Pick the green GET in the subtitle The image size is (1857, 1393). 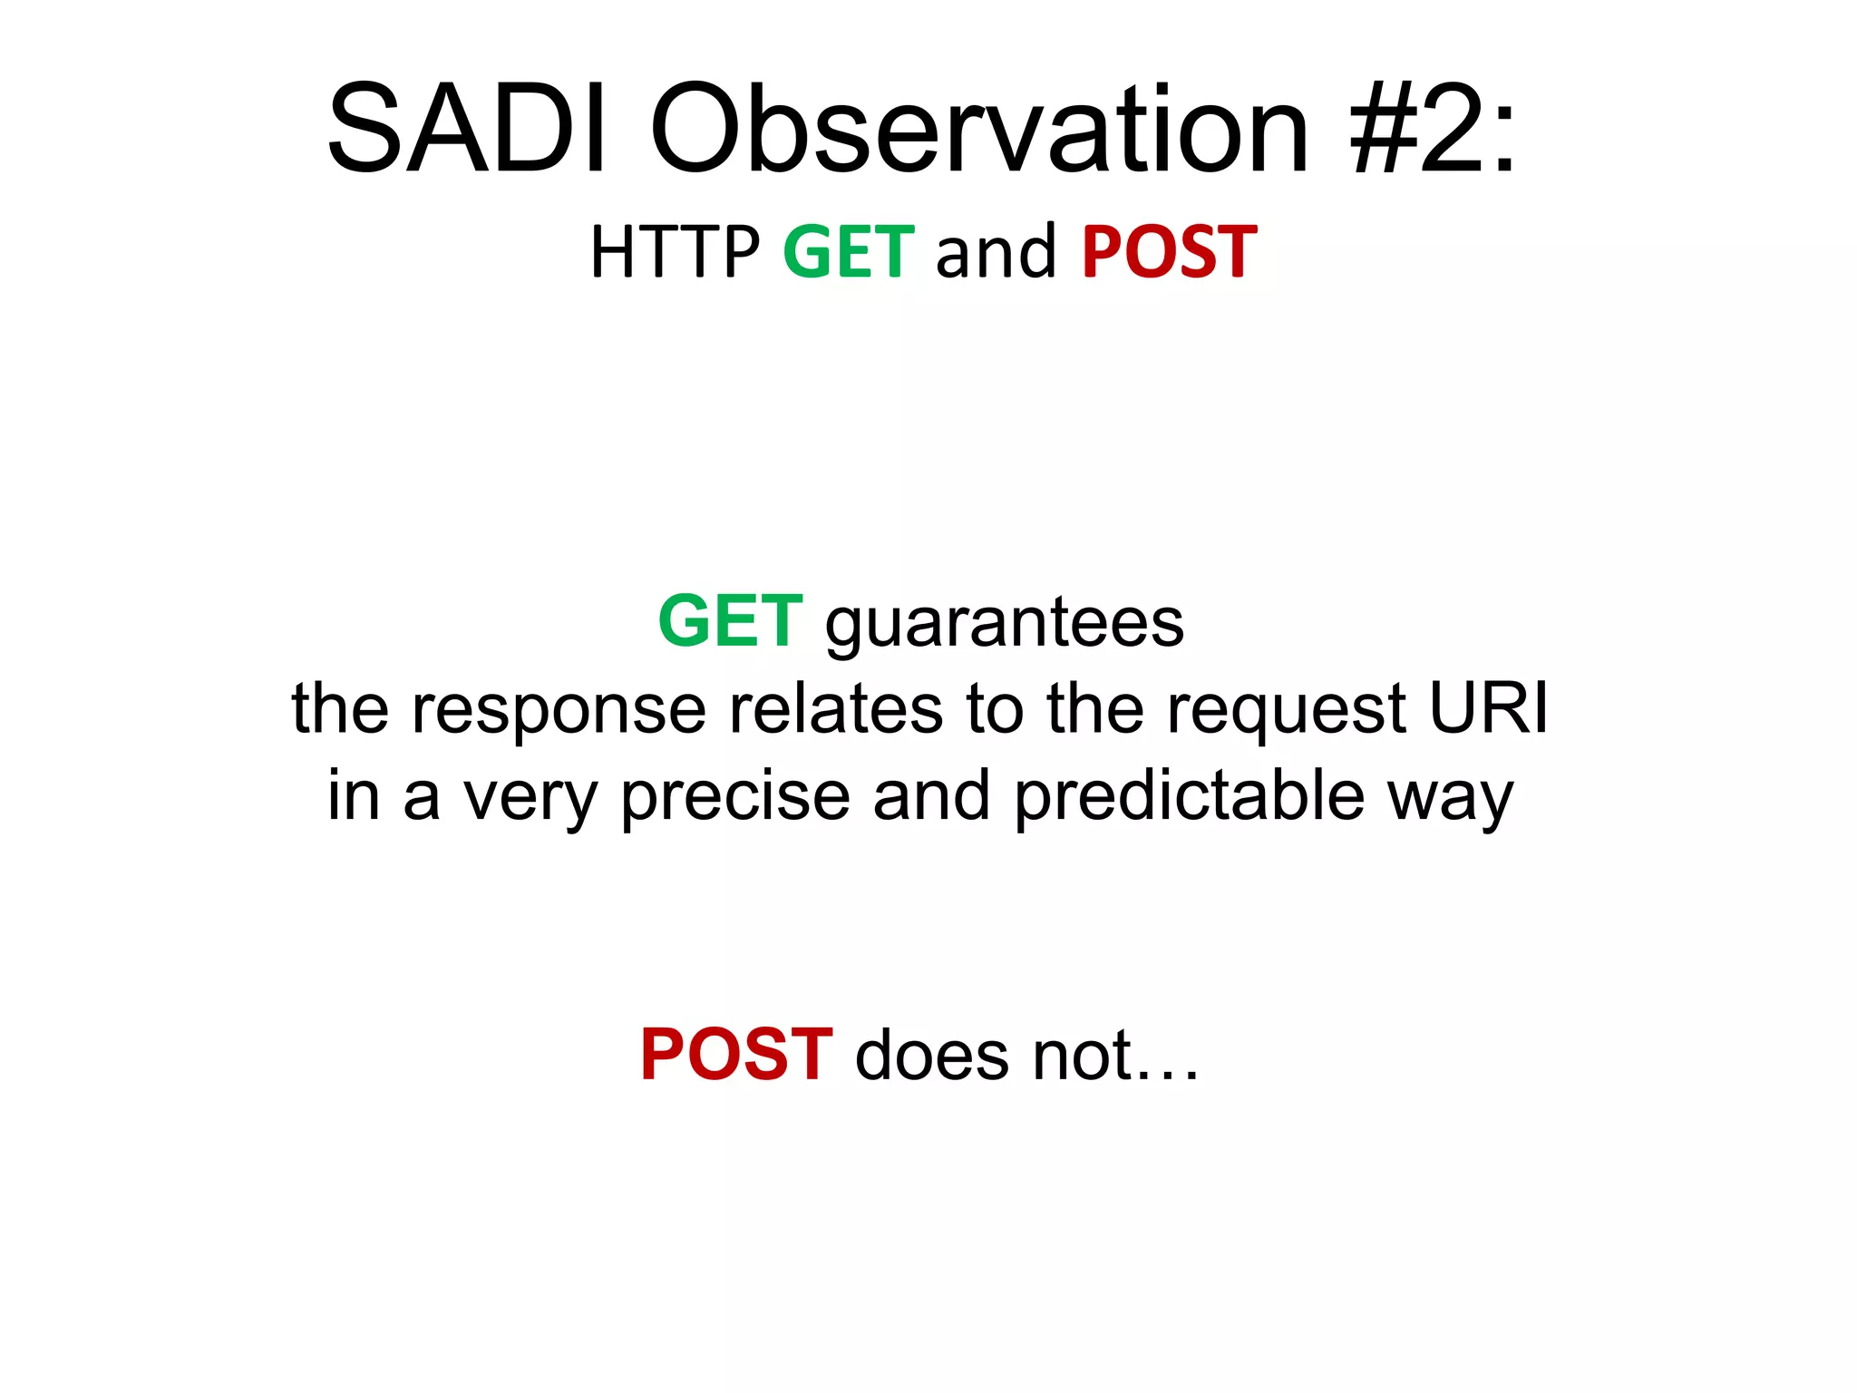pos(849,252)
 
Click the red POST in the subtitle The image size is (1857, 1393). pos(1170,252)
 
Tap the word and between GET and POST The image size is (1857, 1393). pos(996,252)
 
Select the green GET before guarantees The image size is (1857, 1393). pos(730,621)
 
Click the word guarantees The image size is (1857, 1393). pos(1005,624)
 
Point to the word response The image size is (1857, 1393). pos(559,709)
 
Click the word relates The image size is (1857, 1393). pos(835,709)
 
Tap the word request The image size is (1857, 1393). pos(1286,711)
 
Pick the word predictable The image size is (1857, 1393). pos(1189,796)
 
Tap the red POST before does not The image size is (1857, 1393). pos(736,1055)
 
